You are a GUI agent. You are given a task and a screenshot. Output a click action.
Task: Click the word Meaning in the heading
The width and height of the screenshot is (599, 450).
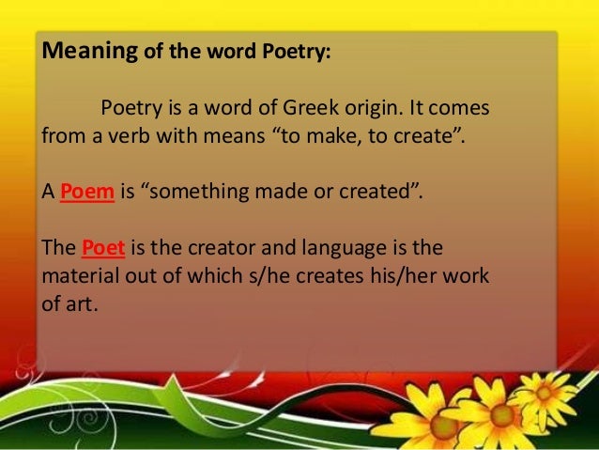pyautogui.click(x=89, y=53)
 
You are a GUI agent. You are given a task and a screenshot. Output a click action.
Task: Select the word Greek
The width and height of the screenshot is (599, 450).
pyautogui.click(x=335, y=108)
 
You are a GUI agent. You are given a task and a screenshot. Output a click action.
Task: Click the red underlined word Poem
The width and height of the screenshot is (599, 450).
pyautogui.click(x=87, y=194)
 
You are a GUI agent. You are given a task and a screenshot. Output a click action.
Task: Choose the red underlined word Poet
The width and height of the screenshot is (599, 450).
pyautogui.click(x=103, y=249)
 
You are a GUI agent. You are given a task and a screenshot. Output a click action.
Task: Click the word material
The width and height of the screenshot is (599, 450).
pyautogui.click(x=76, y=279)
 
